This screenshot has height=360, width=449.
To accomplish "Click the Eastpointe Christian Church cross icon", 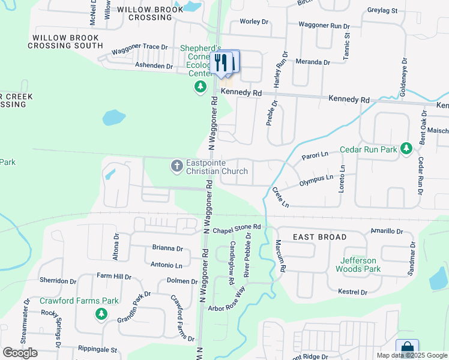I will [x=176, y=165].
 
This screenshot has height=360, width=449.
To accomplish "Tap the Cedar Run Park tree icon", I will [x=406, y=148].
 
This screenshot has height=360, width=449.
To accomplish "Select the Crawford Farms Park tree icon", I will [x=101, y=313].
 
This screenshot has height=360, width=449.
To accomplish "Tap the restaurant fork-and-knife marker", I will [x=221, y=62].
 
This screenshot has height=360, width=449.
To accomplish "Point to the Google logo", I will [x=20, y=353].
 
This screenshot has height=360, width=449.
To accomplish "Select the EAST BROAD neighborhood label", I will [x=320, y=238].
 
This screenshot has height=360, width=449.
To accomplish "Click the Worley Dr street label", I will [x=254, y=22].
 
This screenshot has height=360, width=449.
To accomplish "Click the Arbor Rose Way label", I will [x=227, y=301].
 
